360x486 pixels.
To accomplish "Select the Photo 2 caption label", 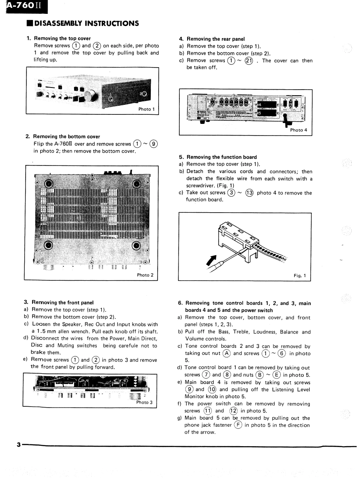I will (x=145, y=275).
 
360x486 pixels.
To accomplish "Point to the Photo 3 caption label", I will (x=144, y=402).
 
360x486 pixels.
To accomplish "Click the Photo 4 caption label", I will (x=298, y=130).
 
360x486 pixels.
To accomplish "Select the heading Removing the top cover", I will (x=62, y=39).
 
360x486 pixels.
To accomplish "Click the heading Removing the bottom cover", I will (x=66, y=137).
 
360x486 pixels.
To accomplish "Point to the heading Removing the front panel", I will (x=62, y=302).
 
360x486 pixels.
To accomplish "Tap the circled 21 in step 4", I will (x=249, y=61).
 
